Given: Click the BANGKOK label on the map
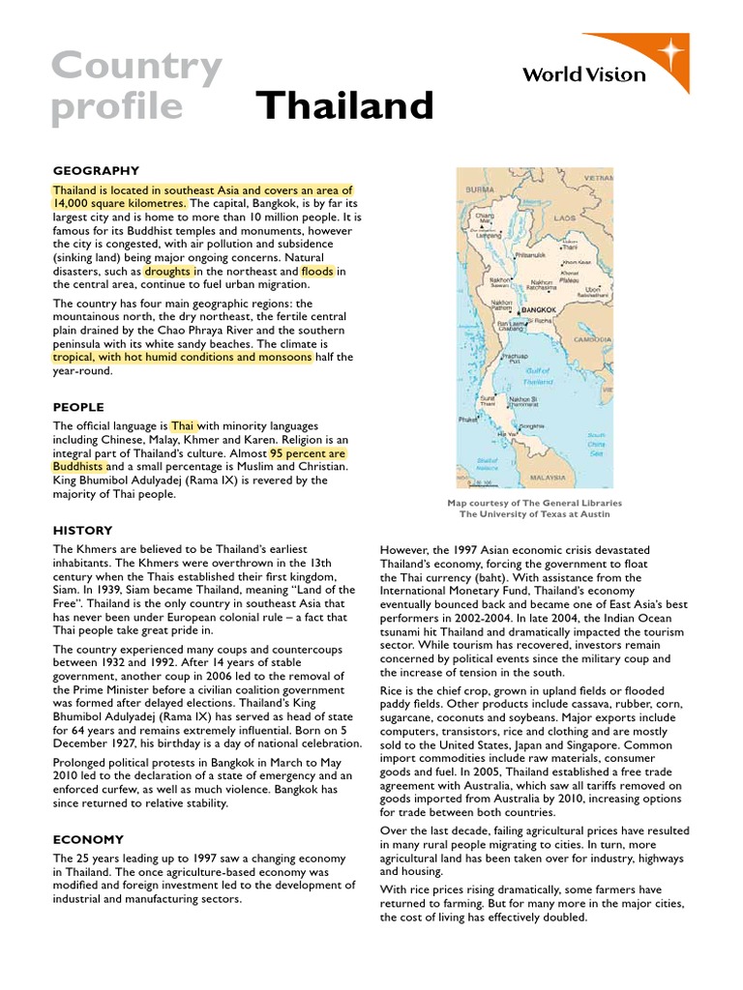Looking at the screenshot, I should pos(540,310).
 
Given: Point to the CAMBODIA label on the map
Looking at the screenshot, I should pos(593,340).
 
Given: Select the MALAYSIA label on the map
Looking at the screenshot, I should pos(548,477).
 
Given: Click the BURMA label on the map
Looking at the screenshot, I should pos(481,190).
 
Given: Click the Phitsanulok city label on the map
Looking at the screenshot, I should pos(529,255).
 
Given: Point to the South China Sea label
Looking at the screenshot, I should pos(597,444).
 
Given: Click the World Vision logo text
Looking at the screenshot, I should pos(583,74).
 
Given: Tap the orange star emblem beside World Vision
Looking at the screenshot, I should pos(667,48).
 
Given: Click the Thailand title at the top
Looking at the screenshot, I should pos(344,105).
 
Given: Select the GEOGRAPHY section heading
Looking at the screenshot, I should pos(96,170).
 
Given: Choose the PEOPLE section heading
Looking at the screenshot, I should pos(78,407).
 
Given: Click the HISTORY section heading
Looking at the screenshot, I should pos(82,530).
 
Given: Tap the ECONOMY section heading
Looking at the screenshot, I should pos(88,839).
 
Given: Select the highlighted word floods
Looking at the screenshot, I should pos(317,272).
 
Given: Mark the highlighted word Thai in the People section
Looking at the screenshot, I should pos(183,425).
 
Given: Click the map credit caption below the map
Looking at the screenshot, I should pos(534,509).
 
